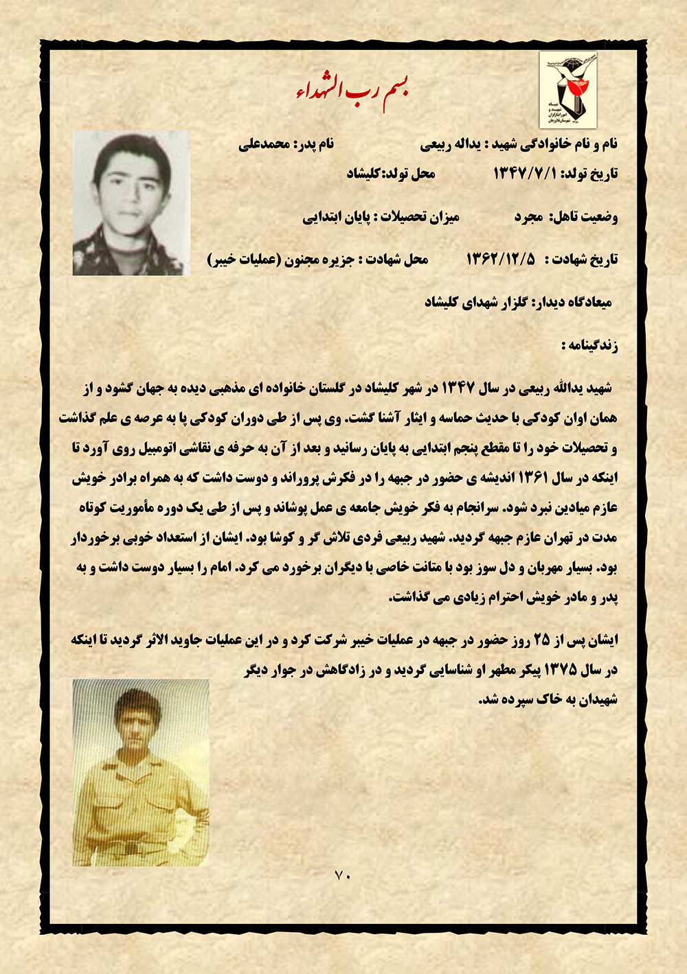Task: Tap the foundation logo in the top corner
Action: [x=567, y=89]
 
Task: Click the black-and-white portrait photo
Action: [x=131, y=203]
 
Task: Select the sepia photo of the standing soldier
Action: [x=141, y=772]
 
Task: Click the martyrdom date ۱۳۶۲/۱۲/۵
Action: [x=501, y=259]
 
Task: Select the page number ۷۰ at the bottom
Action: [x=342, y=875]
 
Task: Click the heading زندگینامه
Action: [x=589, y=345]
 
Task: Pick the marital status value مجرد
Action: [x=529, y=218]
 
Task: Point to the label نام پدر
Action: [x=315, y=144]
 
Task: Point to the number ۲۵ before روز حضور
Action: [x=542, y=640]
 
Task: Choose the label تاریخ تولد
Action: [x=589, y=174]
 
